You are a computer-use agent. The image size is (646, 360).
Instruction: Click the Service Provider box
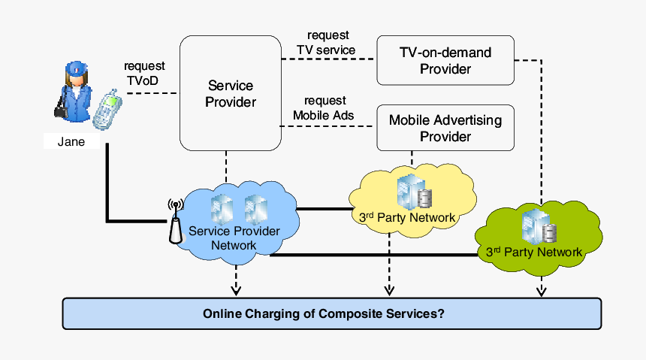(x=230, y=93)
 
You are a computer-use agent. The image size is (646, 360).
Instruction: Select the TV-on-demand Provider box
(x=445, y=60)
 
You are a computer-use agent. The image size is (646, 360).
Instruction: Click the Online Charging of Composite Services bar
(x=331, y=313)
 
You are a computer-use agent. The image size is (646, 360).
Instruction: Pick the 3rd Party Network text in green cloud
(x=534, y=252)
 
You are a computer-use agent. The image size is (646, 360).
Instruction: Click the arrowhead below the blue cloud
(x=236, y=289)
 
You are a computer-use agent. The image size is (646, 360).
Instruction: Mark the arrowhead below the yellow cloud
(x=389, y=289)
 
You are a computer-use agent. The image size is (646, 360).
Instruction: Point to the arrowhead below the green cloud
(x=541, y=289)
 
